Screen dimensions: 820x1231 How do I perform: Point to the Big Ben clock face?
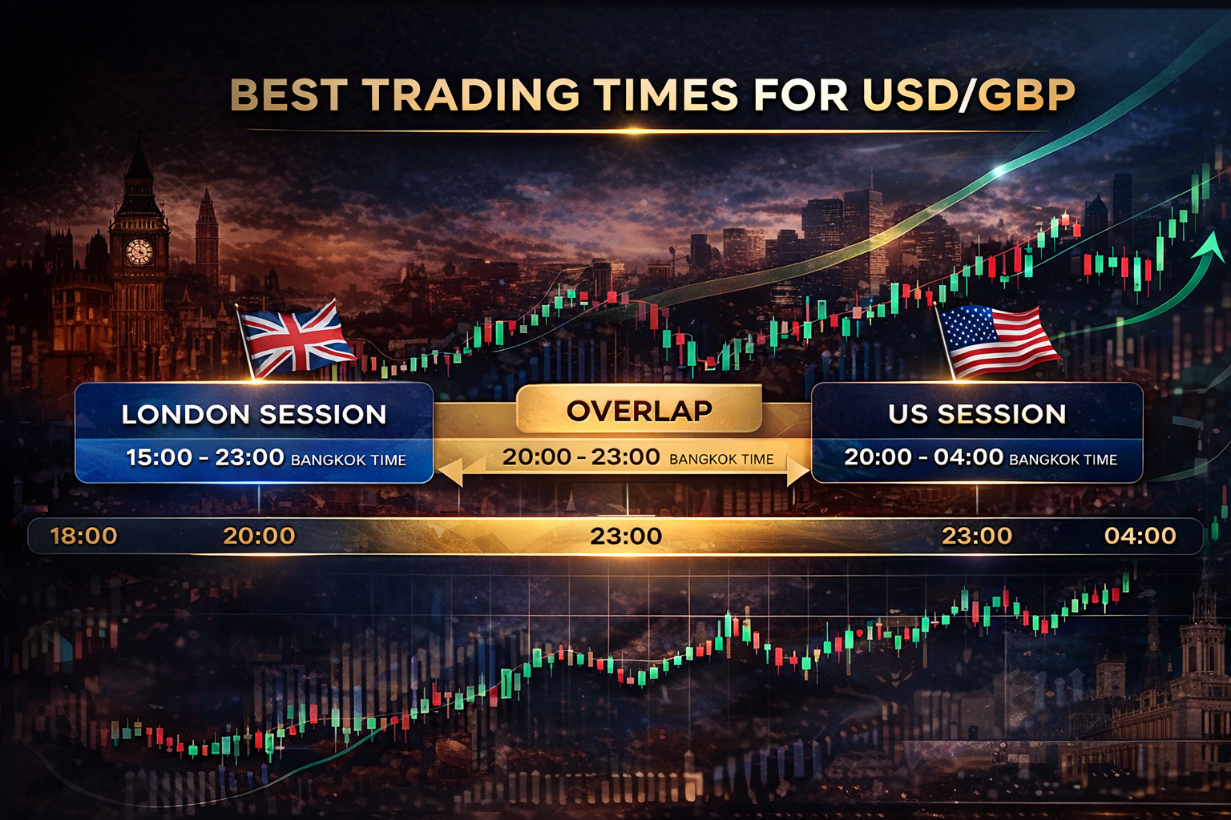[139, 251]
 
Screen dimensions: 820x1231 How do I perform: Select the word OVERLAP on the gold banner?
[639, 411]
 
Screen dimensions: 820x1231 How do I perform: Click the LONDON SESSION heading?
[254, 414]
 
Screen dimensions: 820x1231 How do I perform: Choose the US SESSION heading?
[977, 413]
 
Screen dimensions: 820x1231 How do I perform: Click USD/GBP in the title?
[968, 95]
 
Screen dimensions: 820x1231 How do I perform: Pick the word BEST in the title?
[289, 95]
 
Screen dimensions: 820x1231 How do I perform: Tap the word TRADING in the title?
[472, 95]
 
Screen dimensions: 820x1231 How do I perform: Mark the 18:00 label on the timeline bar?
[83, 536]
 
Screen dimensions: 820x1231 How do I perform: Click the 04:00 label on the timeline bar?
[1140, 536]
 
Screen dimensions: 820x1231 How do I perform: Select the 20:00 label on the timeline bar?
[259, 536]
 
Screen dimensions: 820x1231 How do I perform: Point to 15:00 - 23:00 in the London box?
[205, 457]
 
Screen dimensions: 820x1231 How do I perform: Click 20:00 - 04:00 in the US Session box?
[923, 457]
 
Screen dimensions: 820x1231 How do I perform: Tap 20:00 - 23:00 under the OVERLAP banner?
[580, 457]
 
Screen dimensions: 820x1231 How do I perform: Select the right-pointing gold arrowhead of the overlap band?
[797, 471]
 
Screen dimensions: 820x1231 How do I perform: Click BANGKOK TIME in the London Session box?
[349, 460]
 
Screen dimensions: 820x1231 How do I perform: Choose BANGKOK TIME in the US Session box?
[1063, 460]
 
